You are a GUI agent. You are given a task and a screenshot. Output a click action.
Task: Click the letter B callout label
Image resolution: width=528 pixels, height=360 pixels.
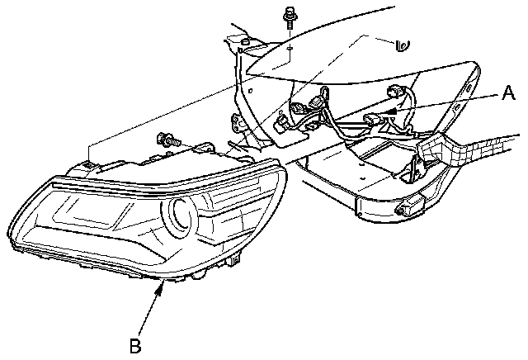[135, 344]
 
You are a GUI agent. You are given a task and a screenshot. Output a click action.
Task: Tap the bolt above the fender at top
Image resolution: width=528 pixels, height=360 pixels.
[290, 16]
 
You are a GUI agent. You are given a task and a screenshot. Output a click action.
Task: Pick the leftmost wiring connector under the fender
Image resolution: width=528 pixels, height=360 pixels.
[280, 125]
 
